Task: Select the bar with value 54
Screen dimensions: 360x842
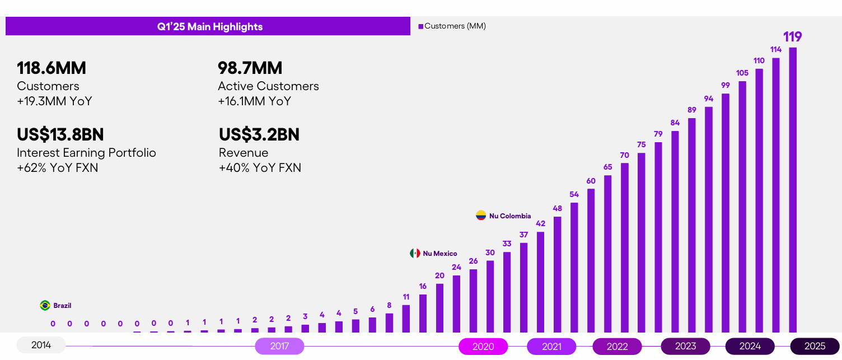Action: pos(574,267)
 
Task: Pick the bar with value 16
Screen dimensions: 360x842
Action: pos(423,313)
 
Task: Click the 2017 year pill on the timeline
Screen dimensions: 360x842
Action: pos(279,346)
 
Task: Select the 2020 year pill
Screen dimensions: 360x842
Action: pos(483,347)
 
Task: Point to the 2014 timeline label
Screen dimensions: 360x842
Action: pos(41,345)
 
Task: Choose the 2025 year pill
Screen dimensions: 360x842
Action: pos(815,347)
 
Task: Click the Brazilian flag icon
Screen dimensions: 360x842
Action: pos(45,306)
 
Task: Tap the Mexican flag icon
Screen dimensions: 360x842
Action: pos(415,254)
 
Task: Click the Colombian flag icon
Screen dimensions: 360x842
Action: pos(481,216)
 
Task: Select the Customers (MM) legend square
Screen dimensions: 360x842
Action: pos(421,26)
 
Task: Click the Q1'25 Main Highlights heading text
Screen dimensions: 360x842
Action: pos(209,27)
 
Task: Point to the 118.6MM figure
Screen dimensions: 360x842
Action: pos(52,68)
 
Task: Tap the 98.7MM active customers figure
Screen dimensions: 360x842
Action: pos(250,68)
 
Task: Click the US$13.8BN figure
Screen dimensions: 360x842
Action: pos(60,135)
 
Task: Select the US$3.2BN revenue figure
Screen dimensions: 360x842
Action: pos(259,135)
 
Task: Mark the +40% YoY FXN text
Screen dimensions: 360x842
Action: pos(260,168)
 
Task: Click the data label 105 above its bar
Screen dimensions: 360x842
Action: pos(742,73)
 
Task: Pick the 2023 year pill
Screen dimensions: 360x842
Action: pos(685,347)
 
